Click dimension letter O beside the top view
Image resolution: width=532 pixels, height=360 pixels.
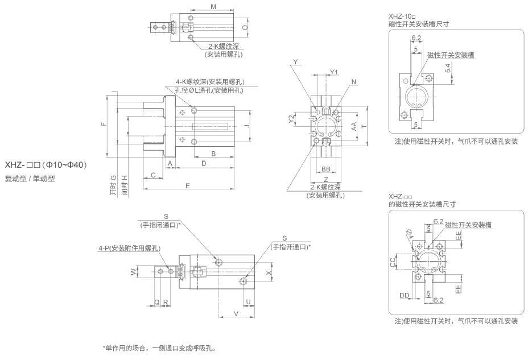(x=245, y=27)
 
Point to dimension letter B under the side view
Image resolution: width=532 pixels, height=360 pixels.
(x=213, y=154)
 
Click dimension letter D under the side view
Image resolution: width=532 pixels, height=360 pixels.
(x=204, y=164)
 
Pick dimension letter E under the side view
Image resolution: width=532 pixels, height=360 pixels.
(x=187, y=186)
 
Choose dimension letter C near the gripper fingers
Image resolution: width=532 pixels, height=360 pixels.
(x=154, y=175)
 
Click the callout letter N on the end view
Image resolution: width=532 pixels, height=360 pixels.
(x=354, y=82)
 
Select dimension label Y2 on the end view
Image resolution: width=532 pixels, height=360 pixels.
(x=291, y=118)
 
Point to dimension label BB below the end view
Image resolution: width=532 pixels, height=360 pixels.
(x=326, y=169)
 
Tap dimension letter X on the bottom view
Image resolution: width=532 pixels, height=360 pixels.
(x=269, y=274)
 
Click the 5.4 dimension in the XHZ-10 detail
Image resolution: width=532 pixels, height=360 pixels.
(x=448, y=67)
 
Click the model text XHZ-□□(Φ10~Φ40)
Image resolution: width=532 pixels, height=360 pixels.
(x=46, y=165)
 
